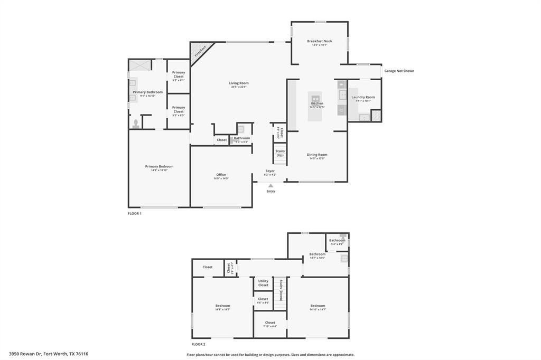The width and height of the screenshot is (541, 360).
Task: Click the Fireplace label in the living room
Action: (x=200, y=51)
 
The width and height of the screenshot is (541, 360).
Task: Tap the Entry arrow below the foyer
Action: (x=270, y=185)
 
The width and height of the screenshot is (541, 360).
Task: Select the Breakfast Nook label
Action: (x=320, y=41)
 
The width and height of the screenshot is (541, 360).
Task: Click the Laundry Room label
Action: (x=363, y=97)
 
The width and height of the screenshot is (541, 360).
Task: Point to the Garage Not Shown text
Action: (x=399, y=71)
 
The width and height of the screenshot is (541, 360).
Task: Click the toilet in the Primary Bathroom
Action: (x=136, y=124)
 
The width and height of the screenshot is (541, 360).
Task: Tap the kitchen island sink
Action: (x=315, y=98)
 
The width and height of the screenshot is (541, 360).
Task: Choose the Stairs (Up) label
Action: (x=280, y=153)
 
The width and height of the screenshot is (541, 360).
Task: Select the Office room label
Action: (x=221, y=175)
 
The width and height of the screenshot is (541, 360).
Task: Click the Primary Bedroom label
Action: (x=159, y=166)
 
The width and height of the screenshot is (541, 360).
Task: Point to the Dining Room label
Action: (x=317, y=155)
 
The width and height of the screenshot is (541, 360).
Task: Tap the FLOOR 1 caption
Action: (x=135, y=214)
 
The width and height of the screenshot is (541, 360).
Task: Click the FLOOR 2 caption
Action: (x=198, y=344)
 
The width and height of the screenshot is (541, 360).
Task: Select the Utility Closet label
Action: (x=263, y=283)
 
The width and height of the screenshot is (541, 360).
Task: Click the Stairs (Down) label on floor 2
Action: (x=282, y=290)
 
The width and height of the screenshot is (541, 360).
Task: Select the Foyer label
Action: (x=270, y=171)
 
